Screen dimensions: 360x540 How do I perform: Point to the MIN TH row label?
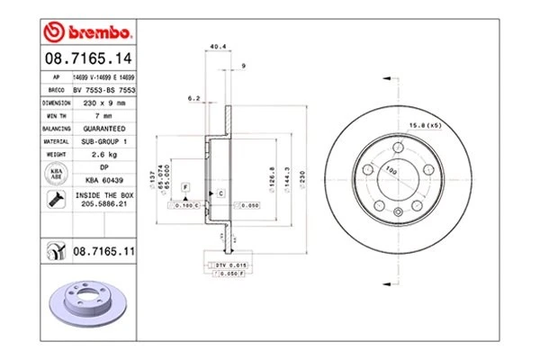[57, 116]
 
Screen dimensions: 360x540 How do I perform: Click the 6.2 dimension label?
[193, 96]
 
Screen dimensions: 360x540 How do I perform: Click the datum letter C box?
[220, 193]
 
